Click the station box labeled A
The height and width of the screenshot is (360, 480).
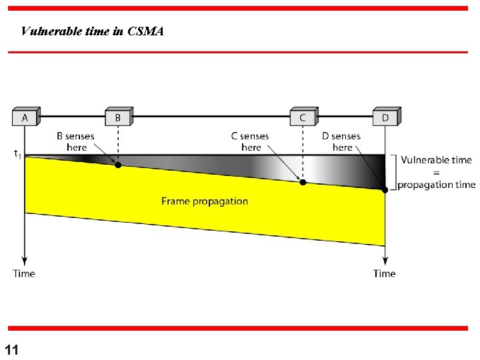click(x=25, y=117)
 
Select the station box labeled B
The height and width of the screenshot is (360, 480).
click(x=118, y=117)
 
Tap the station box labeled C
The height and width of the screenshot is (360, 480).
click(x=303, y=117)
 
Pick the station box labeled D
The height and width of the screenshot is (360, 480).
click(x=385, y=117)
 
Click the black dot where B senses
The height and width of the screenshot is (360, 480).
click(x=118, y=165)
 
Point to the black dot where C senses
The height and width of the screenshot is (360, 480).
click(x=303, y=182)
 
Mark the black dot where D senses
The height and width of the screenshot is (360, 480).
click(x=385, y=190)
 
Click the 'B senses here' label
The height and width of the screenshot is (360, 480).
click(x=75, y=141)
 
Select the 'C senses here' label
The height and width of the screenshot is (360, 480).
click(x=250, y=141)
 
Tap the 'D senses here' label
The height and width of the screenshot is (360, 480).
click(x=341, y=141)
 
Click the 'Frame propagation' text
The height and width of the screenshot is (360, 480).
click(x=205, y=201)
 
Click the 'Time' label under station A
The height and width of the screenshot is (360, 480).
click(x=24, y=273)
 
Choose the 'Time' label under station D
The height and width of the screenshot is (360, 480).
click(x=385, y=273)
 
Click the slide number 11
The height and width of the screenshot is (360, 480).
click(x=12, y=350)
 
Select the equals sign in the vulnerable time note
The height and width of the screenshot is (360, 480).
click(x=436, y=172)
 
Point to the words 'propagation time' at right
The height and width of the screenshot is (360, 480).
click(x=437, y=185)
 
